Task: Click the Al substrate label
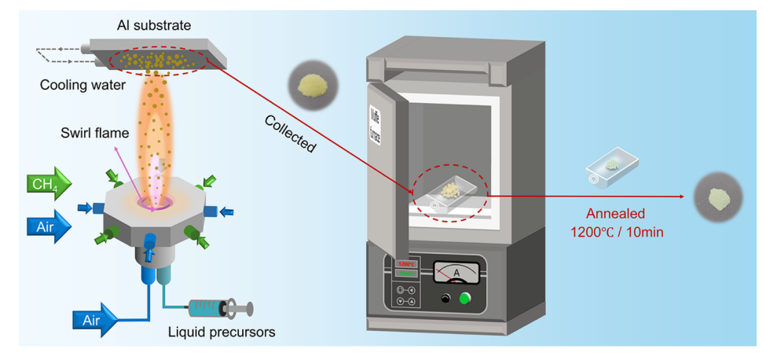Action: pyautogui.click(x=154, y=25)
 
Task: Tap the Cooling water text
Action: pyautogui.click(x=82, y=84)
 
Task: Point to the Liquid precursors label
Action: pyautogui.click(x=222, y=332)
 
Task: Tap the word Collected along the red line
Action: pyautogui.click(x=290, y=134)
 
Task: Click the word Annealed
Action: pyautogui.click(x=617, y=214)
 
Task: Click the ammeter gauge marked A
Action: pyautogui.click(x=456, y=272)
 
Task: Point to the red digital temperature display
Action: pyautogui.click(x=406, y=263)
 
